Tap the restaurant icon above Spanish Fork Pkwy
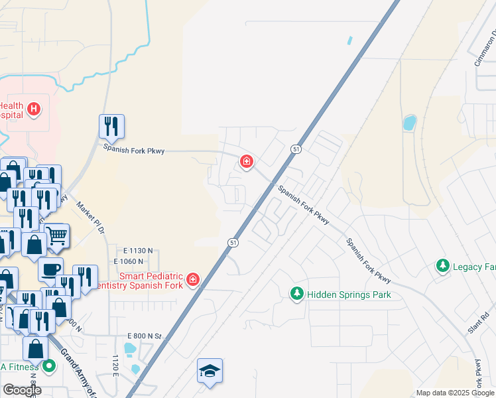coord(112,126)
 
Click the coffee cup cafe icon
coord(50,269)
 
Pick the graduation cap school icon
coord(210,371)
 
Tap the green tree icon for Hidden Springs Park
coord(297,293)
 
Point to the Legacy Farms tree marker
coord(442,266)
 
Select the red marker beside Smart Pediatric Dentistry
coord(193,280)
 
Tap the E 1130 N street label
coord(138,251)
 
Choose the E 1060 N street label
coord(138,261)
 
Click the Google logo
coord(23,390)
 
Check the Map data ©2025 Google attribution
coord(454,393)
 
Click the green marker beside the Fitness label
coord(49,365)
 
